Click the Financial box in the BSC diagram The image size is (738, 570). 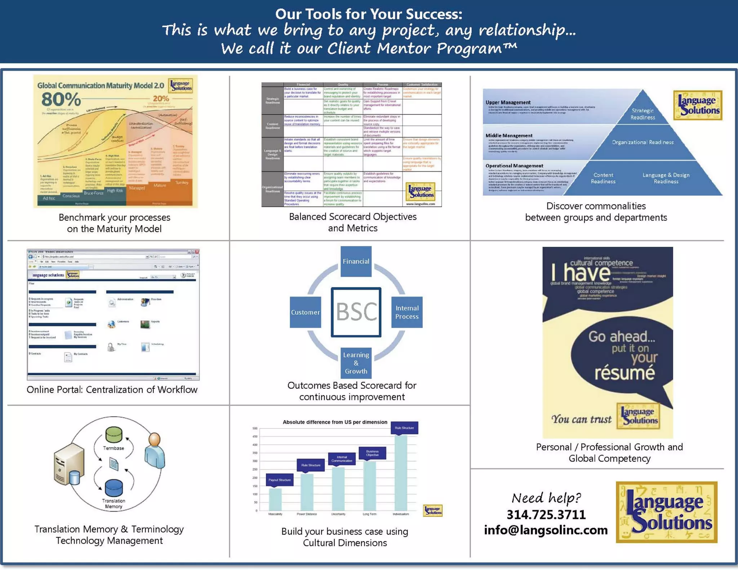click(x=356, y=261)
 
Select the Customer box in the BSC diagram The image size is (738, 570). click(x=305, y=312)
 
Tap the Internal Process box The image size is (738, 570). click(x=407, y=312)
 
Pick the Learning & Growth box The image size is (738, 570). click(x=356, y=363)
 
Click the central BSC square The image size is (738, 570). click(x=356, y=312)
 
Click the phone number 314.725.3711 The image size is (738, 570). click(x=546, y=515)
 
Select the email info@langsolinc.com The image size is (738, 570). click(x=546, y=530)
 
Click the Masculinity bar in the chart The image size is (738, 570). click(x=275, y=499)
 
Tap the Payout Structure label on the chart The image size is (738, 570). click(x=280, y=480)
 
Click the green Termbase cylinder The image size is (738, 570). click(x=114, y=435)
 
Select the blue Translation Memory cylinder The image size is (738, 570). click(x=114, y=488)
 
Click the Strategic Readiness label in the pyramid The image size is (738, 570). click(x=643, y=114)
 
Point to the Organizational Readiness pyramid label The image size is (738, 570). click(x=643, y=142)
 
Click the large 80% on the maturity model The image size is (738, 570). click(x=61, y=99)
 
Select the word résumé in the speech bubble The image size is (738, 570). click(x=624, y=373)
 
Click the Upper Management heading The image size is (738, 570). click(x=508, y=102)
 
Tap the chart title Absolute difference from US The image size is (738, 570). click(x=335, y=422)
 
